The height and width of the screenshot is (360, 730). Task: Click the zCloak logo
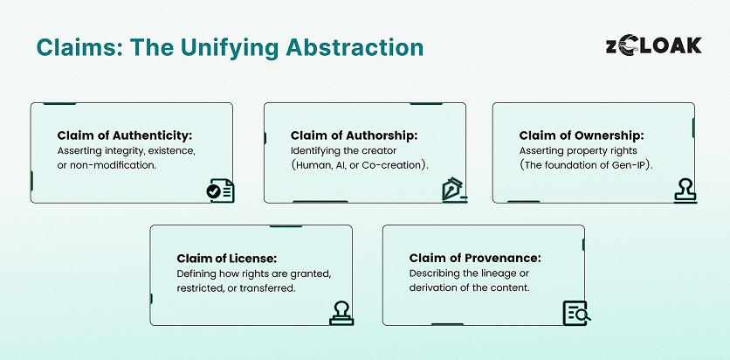[653, 46]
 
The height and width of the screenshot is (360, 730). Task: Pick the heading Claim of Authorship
[355, 135]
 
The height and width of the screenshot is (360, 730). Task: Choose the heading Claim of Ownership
[582, 135]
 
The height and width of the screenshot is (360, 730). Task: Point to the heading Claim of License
[227, 258]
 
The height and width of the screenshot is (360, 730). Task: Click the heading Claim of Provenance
[475, 258]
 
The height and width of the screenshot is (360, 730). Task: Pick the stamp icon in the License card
[341, 313]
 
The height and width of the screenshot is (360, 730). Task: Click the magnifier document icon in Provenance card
[576, 313]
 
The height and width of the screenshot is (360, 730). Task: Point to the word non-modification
[114, 166]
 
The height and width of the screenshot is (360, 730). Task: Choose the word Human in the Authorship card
[319, 166]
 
